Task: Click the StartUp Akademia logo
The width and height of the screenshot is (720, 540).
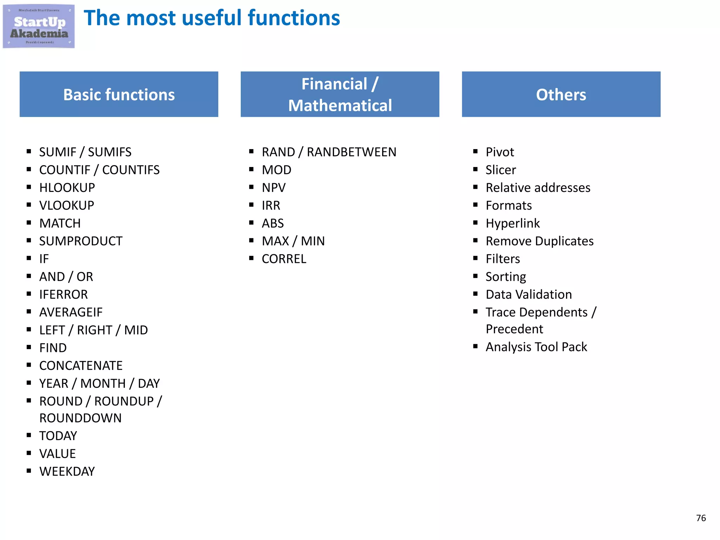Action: tap(39, 26)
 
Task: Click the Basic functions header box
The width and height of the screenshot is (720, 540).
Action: tap(119, 94)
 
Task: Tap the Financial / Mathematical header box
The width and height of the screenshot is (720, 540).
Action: tap(340, 94)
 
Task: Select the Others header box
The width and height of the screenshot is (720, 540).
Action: tap(561, 94)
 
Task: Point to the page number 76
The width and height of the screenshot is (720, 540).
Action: tap(701, 518)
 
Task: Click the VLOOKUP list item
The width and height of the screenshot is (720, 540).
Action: tap(67, 206)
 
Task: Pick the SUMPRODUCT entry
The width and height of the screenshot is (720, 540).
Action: tap(81, 241)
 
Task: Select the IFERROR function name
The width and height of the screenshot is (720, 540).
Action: tap(64, 295)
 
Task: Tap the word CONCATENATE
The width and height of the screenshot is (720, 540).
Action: tap(81, 366)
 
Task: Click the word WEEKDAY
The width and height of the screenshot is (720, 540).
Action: tap(67, 471)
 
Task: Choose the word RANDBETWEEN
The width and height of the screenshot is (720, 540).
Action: tap(352, 152)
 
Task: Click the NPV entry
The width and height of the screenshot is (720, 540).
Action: tap(274, 188)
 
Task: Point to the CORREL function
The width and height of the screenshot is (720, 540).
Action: tap(284, 259)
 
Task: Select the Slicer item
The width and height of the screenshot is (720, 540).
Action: tap(501, 170)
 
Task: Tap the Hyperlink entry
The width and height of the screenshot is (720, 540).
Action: tap(513, 224)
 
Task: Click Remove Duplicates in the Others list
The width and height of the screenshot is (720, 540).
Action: tap(539, 241)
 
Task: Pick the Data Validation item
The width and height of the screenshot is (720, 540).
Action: tap(528, 295)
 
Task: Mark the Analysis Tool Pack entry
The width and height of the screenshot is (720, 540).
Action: tap(536, 347)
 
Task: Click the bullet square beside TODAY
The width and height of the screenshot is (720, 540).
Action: tap(29, 435)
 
